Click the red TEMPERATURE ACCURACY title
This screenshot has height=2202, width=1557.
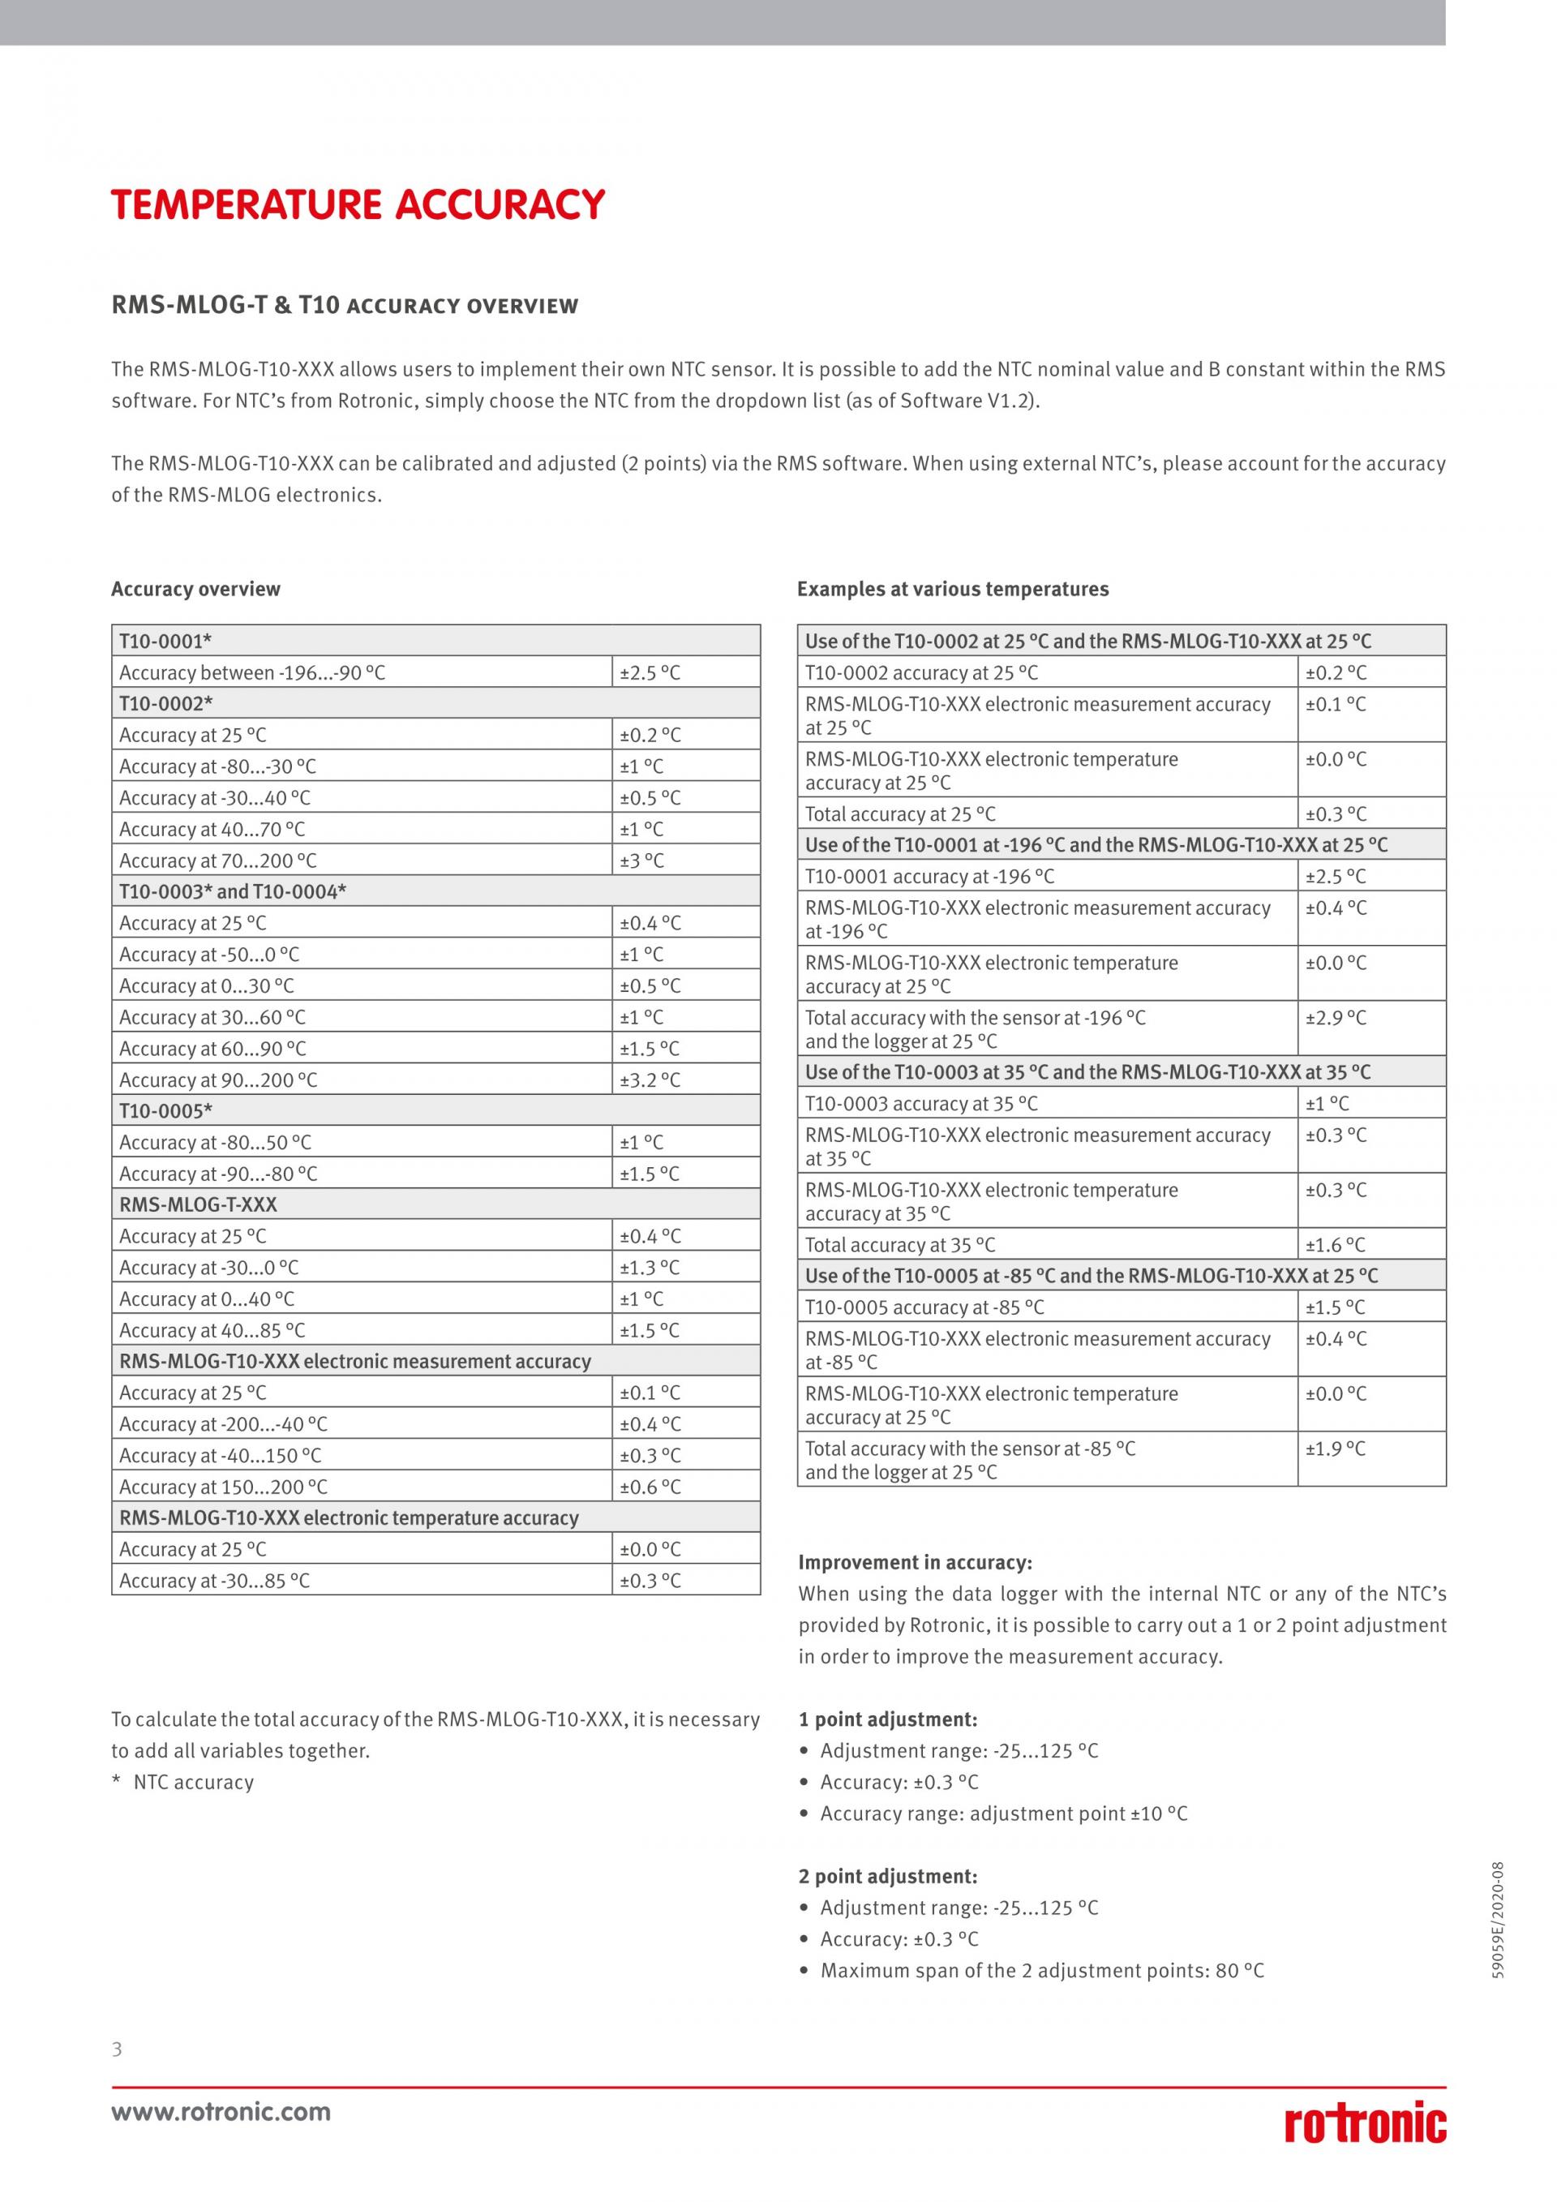[358, 205]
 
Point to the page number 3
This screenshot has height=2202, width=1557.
[117, 2050]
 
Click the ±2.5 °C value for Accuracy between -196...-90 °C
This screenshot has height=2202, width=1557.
[650, 672]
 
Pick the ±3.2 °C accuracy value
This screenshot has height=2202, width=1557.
[650, 1080]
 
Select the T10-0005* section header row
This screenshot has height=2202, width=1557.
[435, 1110]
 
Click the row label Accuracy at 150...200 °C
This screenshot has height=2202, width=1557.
[223, 1487]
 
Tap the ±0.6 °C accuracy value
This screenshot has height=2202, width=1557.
[650, 1487]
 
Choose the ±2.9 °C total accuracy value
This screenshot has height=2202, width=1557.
[1336, 1018]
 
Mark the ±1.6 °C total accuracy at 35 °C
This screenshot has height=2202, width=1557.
[1336, 1245]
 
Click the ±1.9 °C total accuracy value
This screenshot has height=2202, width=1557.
[1336, 1449]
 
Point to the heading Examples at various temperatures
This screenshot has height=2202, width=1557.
[952, 589]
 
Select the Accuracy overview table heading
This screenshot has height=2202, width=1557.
[195, 589]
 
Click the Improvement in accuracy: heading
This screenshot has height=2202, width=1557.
[915, 1562]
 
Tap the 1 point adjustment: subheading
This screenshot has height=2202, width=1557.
[888, 1719]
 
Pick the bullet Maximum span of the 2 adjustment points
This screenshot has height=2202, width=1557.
[1041, 1971]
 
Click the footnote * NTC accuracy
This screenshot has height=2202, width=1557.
[183, 1783]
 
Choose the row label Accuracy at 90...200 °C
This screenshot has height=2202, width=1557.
[217, 1080]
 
